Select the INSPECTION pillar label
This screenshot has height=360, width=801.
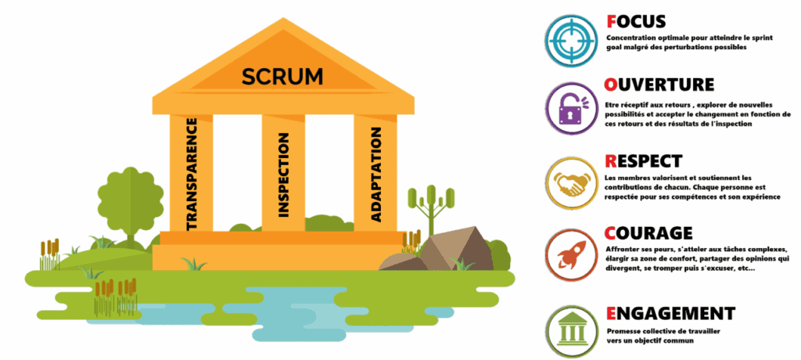tap(283, 174)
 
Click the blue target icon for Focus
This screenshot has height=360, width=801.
tap(569, 36)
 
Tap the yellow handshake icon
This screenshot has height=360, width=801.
tap(569, 182)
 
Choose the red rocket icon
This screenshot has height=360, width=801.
tap(569, 254)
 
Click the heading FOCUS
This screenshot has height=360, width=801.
tap(635, 21)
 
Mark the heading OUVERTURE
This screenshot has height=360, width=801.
tap(659, 84)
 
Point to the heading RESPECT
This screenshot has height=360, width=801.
tap(644, 160)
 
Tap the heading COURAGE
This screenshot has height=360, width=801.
tap(648, 232)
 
